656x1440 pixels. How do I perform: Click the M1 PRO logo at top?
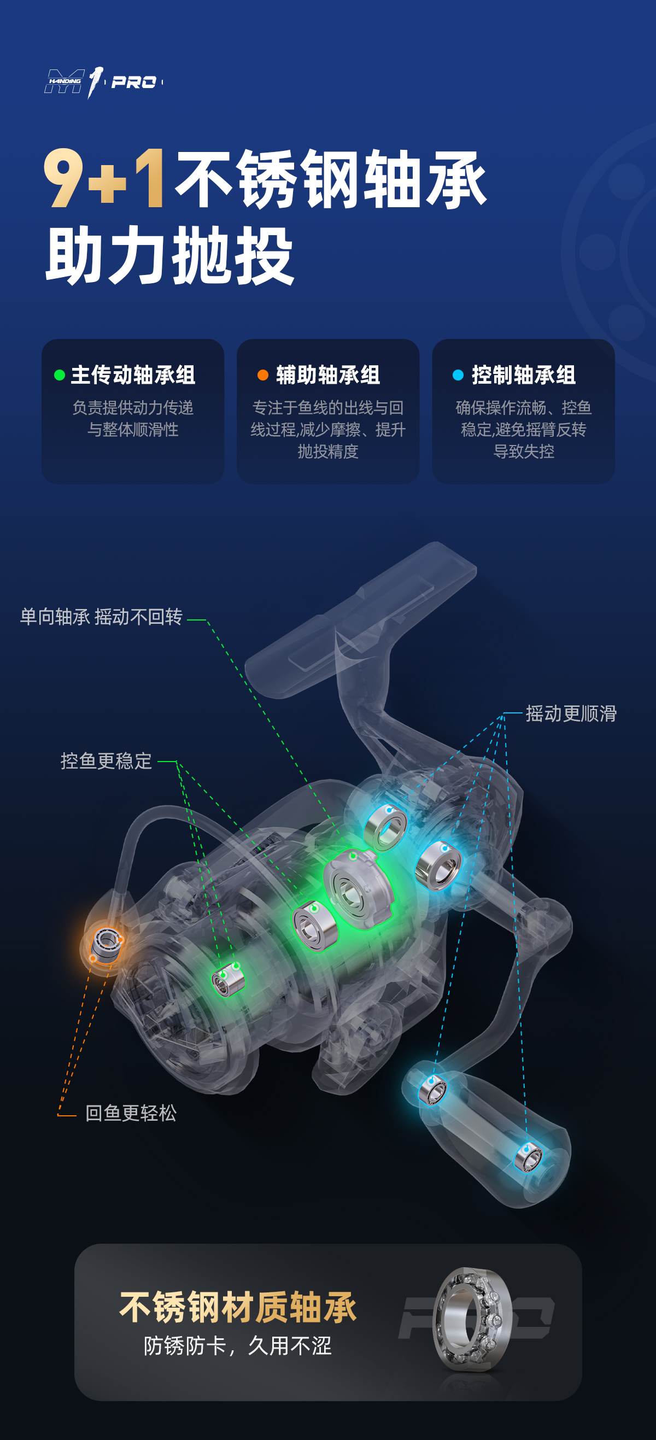[x=103, y=82]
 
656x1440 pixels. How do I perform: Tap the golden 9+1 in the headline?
[x=104, y=179]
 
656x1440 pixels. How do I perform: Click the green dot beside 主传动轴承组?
[x=59, y=375]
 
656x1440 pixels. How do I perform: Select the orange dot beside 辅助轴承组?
[x=262, y=375]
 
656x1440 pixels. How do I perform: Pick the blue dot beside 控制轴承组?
[x=458, y=375]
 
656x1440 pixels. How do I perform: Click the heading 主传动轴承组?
[x=133, y=375]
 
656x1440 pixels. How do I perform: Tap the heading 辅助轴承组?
[x=328, y=375]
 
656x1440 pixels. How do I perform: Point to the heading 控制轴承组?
[x=524, y=375]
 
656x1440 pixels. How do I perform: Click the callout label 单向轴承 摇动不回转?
[x=101, y=617]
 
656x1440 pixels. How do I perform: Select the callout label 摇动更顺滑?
[x=571, y=714]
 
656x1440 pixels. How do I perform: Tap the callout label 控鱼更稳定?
[x=106, y=762]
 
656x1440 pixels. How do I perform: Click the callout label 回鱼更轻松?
[x=131, y=1114]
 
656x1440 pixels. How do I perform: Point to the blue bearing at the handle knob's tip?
[x=528, y=1157]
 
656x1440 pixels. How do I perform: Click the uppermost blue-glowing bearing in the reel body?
[x=385, y=827]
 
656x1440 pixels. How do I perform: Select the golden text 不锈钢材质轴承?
[x=238, y=1308]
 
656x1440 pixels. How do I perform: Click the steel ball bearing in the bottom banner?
[x=472, y=1319]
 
